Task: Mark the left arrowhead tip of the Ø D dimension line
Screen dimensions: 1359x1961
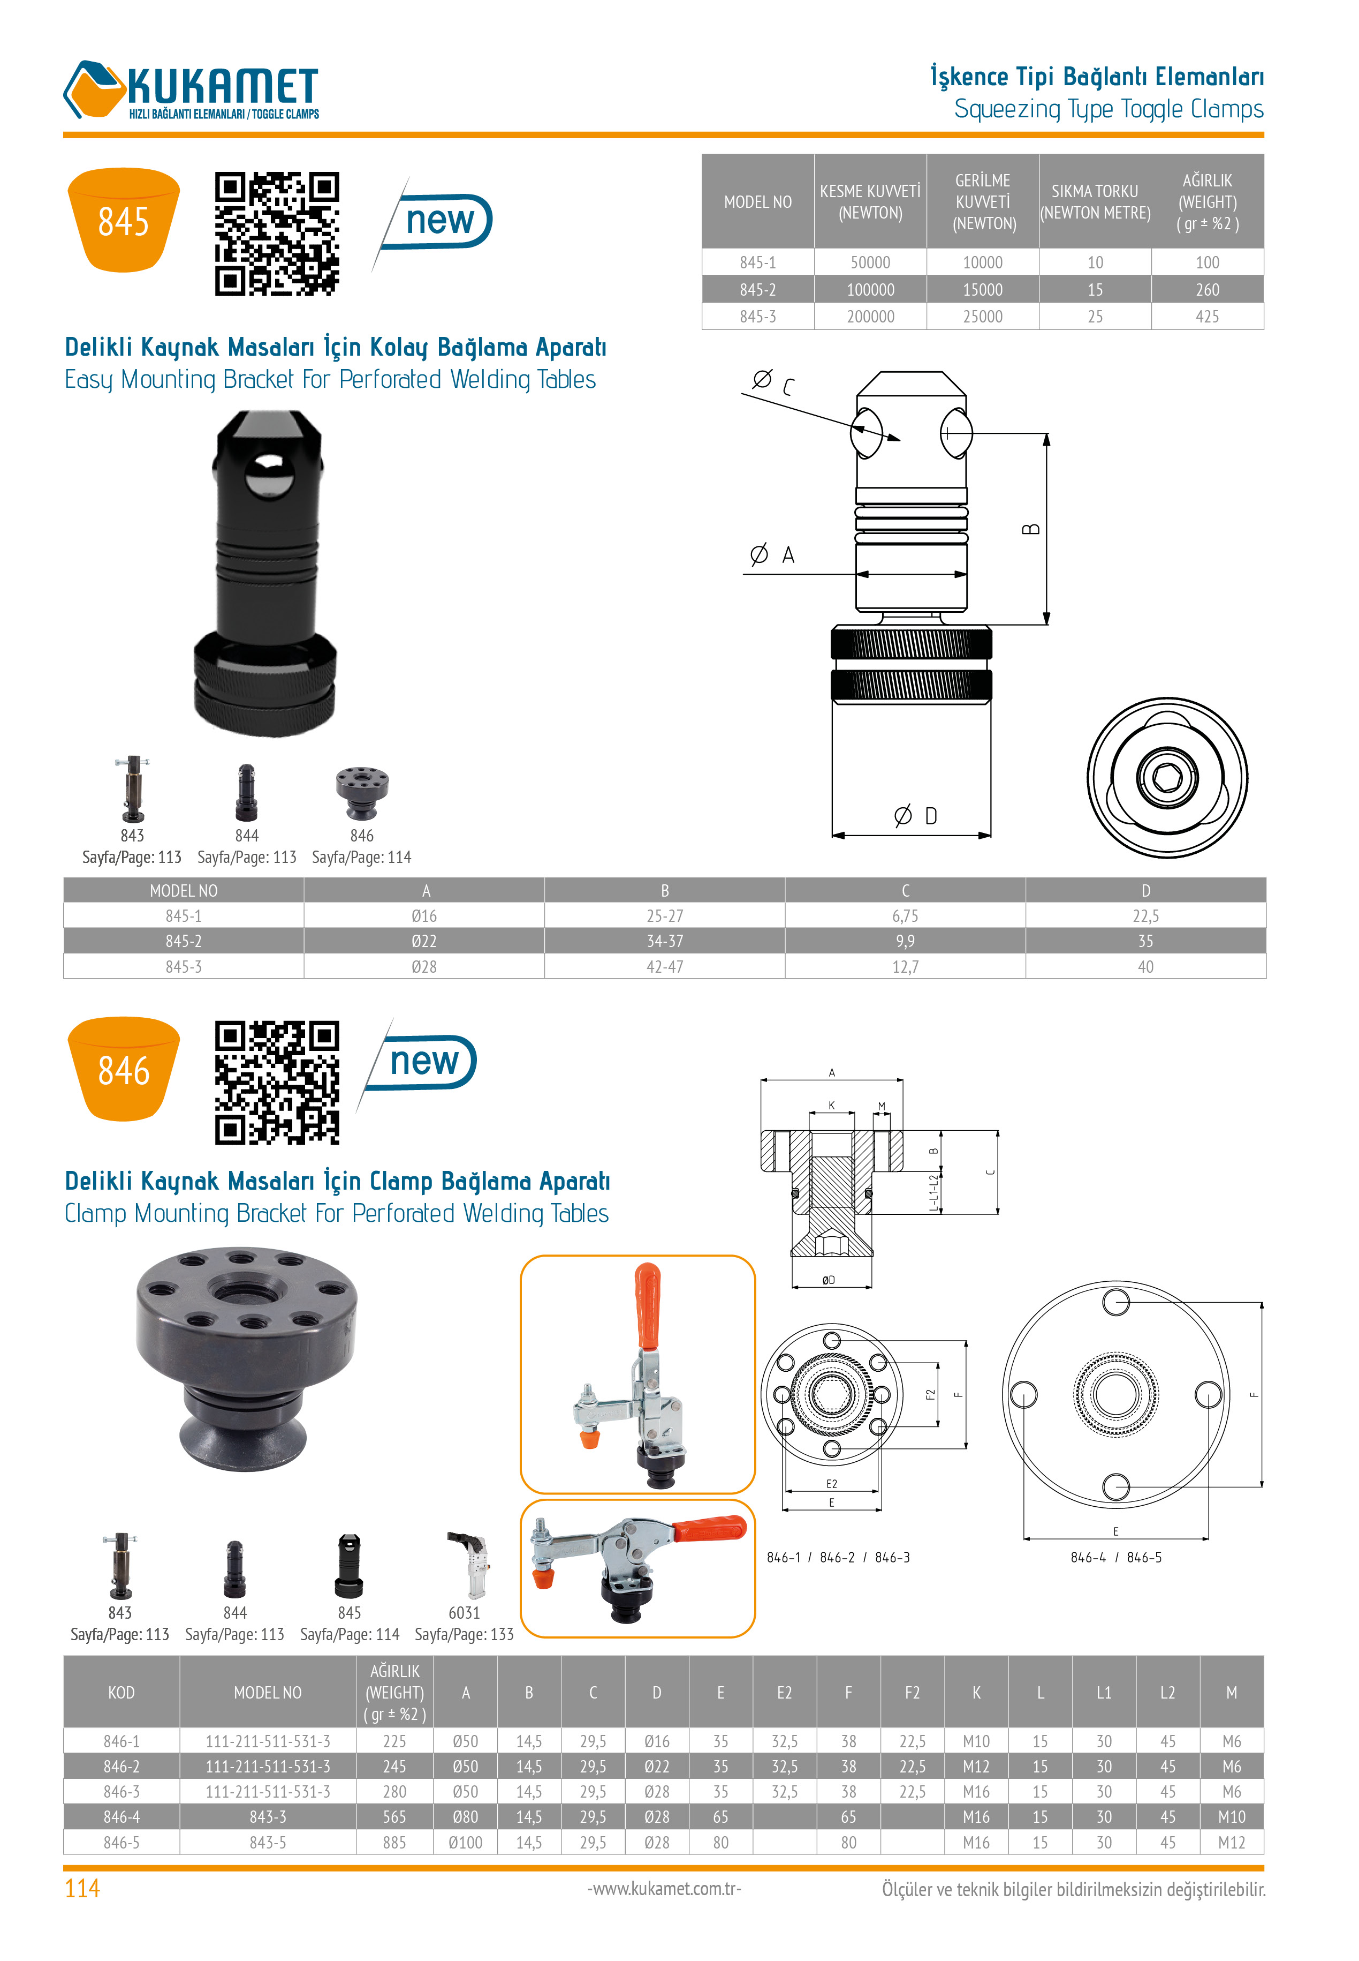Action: point(832,835)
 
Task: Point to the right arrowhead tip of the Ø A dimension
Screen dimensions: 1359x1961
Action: point(967,574)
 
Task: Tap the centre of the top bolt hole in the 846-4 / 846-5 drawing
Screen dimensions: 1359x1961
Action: point(1115,1302)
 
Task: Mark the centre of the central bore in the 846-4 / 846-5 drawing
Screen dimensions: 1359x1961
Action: point(1115,1394)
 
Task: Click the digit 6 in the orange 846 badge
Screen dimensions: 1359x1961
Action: point(140,1071)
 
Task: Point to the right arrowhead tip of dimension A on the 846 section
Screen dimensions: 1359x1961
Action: point(902,1080)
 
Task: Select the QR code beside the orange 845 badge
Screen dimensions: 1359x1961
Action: point(277,234)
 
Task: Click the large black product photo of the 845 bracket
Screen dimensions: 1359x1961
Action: point(265,573)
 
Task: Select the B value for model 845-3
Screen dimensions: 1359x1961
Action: point(664,967)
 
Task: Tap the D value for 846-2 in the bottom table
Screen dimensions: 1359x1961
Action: point(657,1767)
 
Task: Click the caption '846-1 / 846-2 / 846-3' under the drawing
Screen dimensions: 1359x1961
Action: point(838,1557)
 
